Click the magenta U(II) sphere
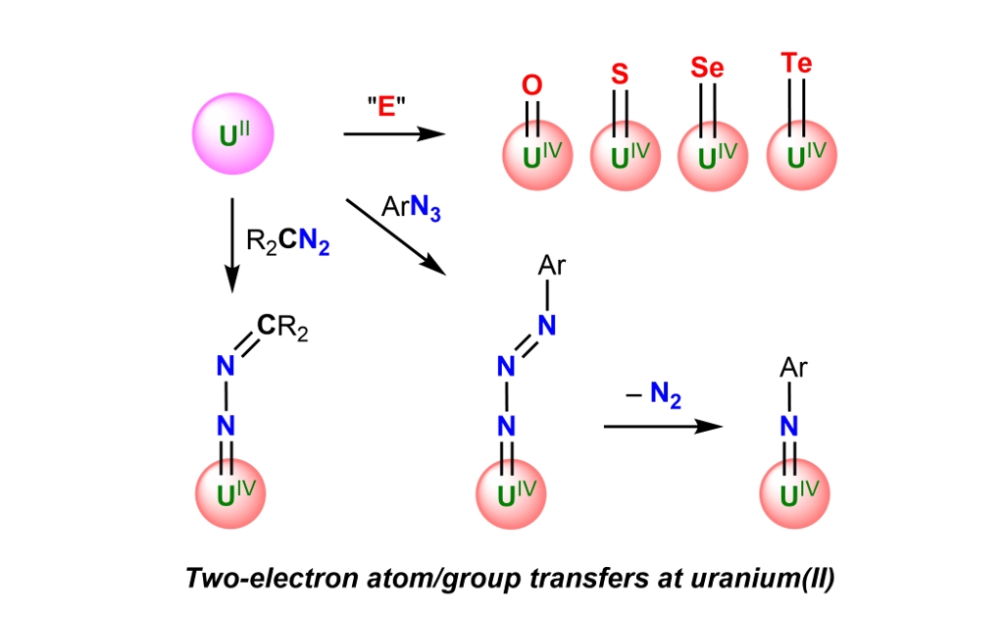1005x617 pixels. (x=232, y=134)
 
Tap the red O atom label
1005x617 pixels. (x=531, y=86)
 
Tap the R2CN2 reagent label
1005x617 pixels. (x=288, y=243)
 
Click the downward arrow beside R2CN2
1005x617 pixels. (x=232, y=245)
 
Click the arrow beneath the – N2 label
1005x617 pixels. (x=663, y=427)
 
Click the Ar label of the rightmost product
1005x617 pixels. (x=792, y=370)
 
